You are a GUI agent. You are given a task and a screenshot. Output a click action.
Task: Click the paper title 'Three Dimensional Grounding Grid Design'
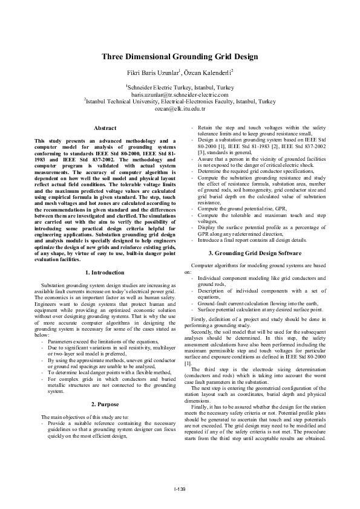(x=180, y=57)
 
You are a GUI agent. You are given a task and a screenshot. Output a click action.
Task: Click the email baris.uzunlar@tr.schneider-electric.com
(x=180, y=95)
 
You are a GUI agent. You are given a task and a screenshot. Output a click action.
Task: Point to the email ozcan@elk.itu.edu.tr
(x=180, y=109)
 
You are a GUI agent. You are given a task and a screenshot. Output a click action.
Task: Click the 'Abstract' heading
(x=105, y=128)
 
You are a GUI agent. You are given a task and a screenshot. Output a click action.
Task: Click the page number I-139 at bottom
(x=180, y=488)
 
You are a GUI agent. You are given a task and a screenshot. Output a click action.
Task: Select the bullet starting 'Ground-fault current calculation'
(x=254, y=303)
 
